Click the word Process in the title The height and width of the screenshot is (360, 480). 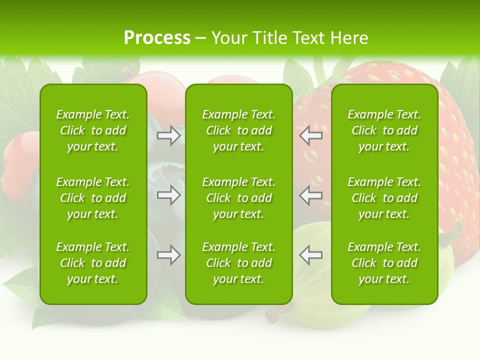(157, 37)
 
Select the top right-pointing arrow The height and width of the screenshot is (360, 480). (169, 135)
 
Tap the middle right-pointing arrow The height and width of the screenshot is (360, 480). (169, 195)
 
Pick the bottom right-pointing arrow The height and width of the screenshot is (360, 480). (169, 255)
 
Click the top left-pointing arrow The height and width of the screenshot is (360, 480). (311, 135)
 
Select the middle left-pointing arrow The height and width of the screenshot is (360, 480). (311, 195)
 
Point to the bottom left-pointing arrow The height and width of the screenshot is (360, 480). (311, 255)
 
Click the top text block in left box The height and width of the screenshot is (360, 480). (93, 130)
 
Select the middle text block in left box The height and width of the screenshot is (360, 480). (93, 198)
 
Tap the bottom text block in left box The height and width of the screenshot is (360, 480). (93, 263)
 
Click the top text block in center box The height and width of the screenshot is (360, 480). (239, 130)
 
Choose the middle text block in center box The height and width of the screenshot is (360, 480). (239, 198)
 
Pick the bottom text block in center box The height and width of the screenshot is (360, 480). (239, 263)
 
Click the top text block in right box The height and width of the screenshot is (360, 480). (384, 130)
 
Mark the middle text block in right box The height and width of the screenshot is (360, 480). (384, 198)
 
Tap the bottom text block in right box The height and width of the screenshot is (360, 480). (384, 263)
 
